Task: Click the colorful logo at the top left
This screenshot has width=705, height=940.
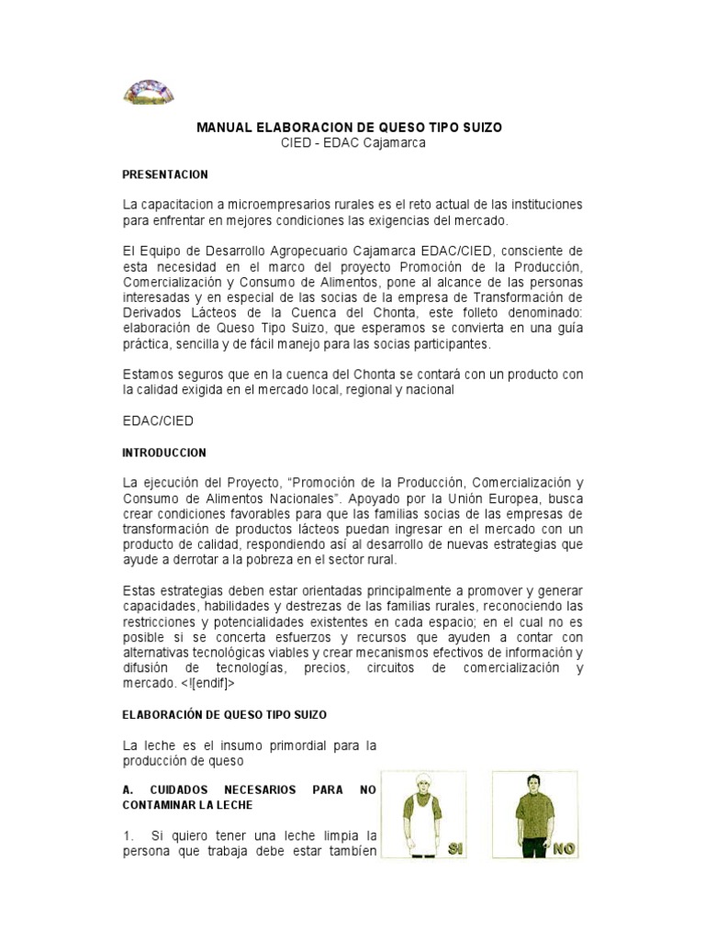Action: pyautogui.click(x=149, y=91)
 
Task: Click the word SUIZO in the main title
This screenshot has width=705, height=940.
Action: pyautogui.click(x=480, y=128)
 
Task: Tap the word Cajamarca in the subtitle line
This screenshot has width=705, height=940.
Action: pyautogui.click(x=394, y=143)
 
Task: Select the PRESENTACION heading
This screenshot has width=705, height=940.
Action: pyautogui.click(x=165, y=173)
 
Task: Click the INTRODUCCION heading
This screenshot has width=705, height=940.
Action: pyautogui.click(x=164, y=453)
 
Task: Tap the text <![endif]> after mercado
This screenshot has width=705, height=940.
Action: pyautogui.click(x=207, y=684)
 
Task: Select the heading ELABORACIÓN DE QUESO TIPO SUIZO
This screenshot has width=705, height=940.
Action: pyautogui.click(x=224, y=713)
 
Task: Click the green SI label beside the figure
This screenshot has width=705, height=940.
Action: pyautogui.click(x=455, y=848)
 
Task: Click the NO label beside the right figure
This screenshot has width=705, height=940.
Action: pyautogui.click(x=563, y=849)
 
